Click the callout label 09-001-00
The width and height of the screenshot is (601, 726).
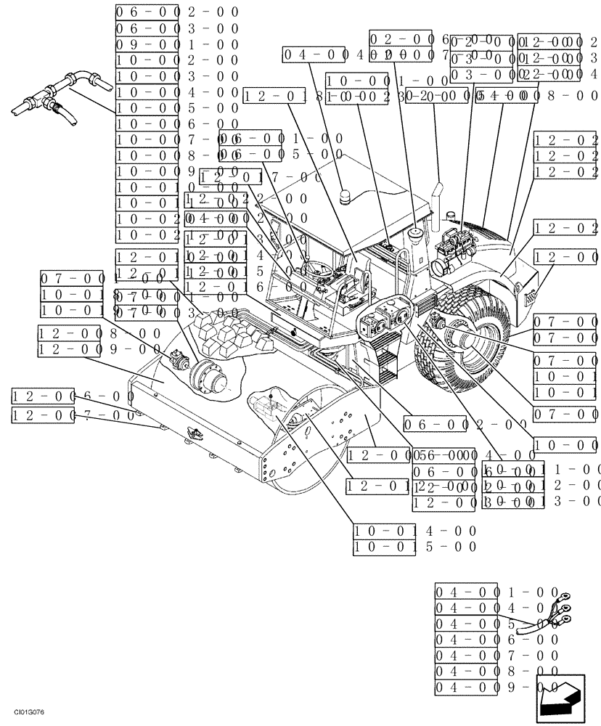[177, 44]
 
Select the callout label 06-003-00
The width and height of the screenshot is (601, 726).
[177, 28]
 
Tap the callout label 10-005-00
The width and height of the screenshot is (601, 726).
[177, 108]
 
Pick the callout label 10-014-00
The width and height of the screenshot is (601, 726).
[415, 531]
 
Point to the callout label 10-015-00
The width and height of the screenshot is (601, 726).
[415, 547]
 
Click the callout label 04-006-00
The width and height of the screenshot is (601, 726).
[497, 639]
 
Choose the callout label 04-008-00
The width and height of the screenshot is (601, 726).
[497, 671]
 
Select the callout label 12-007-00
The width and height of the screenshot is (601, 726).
[73, 415]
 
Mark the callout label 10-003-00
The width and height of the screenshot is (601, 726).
[177, 76]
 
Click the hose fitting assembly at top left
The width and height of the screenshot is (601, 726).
[62, 94]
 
